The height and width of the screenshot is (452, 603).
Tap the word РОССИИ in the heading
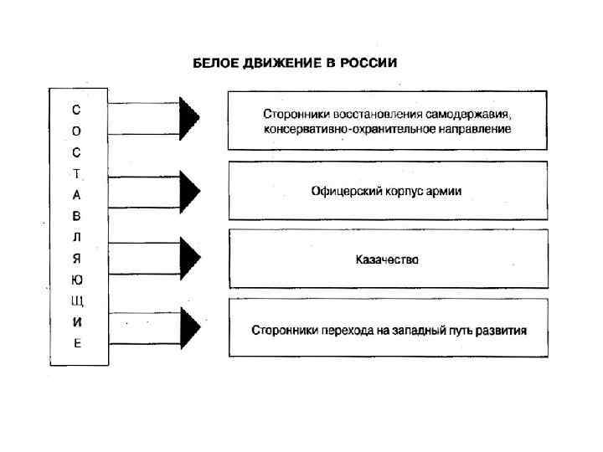[x=372, y=63]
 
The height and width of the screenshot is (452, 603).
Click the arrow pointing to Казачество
[x=189, y=254]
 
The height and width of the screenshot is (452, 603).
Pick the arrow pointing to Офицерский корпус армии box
[x=189, y=191]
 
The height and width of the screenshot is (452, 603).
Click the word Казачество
[x=387, y=260]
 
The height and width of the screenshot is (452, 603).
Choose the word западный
[x=404, y=330]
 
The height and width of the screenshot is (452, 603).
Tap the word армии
[x=446, y=192]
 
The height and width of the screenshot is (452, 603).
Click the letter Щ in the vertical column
[x=77, y=300]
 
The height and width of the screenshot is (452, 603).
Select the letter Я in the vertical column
[x=77, y=258]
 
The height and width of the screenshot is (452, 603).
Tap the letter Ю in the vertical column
[x=77, y=280]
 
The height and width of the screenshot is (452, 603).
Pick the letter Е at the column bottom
[x=77, y=343]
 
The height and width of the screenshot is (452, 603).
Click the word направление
[x=477, y=130]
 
